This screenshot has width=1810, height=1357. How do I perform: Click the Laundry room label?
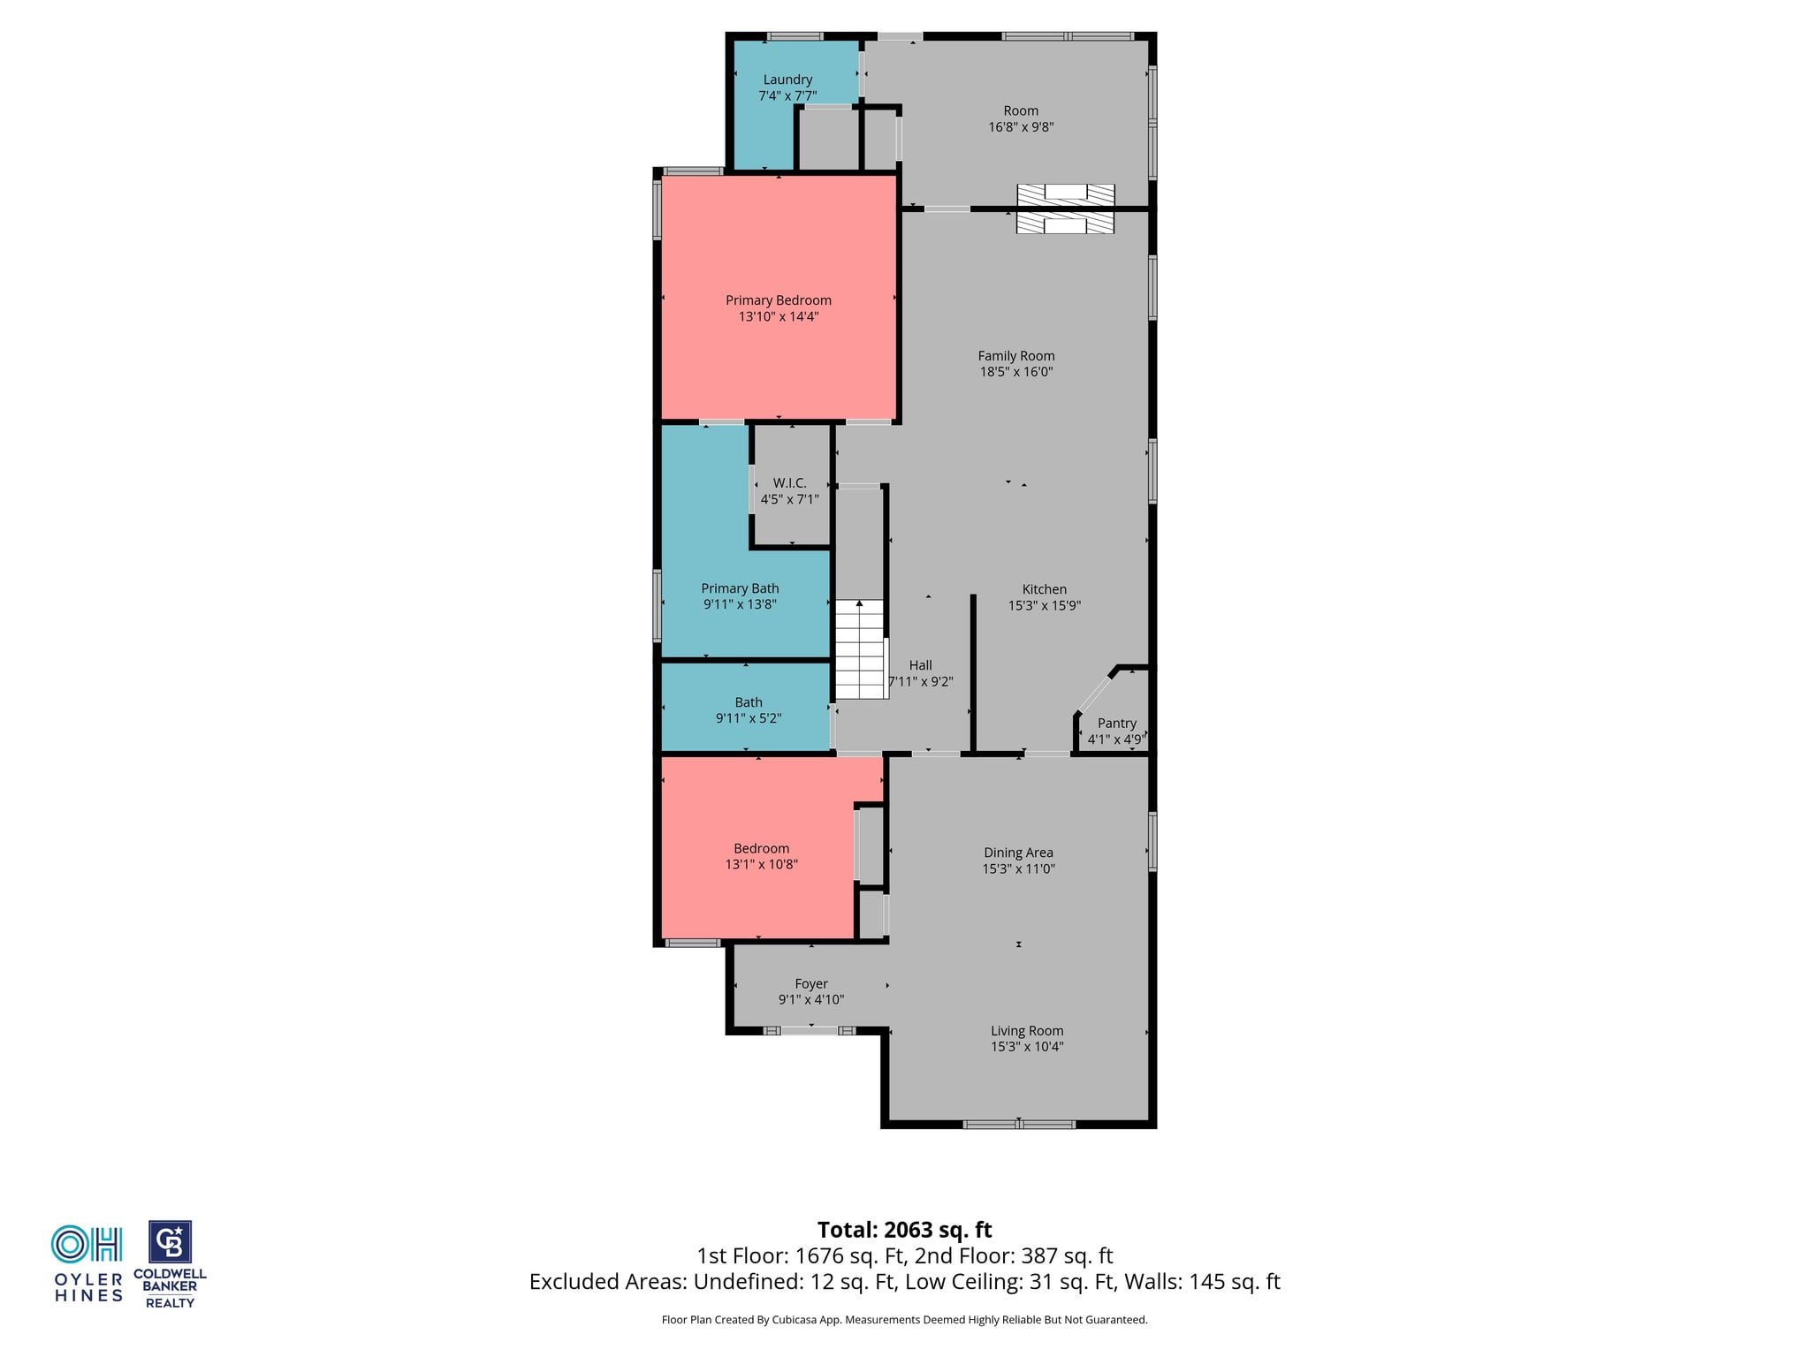pyautogui.click(x=787, y=80)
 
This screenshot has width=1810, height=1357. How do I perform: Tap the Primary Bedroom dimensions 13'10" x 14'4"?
pyautogui.click(x=779, y=316)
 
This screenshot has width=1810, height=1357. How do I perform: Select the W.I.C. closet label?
pyautogui.click(x=789, y=483)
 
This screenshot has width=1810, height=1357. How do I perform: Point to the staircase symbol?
pyautogui.click(x=860, y=649)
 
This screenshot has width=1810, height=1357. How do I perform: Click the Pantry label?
pyautogui.click(x=1116, y=723)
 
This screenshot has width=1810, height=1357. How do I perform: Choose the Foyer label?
pyautogui.click(x=811, y=983)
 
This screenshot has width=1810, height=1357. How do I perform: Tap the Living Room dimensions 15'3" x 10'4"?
pyautogui.click(x=1027, y=1047)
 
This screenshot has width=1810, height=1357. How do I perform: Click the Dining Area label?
pyautogui.click(x=1018, y=853)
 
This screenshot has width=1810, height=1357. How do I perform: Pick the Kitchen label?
pyautogui.click(x=1045, y=589)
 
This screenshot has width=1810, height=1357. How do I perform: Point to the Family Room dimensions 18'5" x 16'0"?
pyautogui.click(x=1016, y=372)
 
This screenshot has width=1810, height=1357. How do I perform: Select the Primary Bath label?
pyautogui.click(x=740, y=588)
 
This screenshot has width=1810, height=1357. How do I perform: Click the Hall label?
pyautogui.click(x=920, y=665)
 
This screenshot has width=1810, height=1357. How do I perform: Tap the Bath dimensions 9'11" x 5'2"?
pyautogui.click(x=749, y=718)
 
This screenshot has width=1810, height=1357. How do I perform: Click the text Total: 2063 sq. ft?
pyautogui.click(x=904, y=1230)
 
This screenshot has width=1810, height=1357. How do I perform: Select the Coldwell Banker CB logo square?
pyautogui.click(x=170, y=1243)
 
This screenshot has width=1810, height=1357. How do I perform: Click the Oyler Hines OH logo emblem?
pyautogui.click(x=87, y=1244)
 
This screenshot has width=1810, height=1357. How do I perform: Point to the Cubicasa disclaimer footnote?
pyautogui.click(x=904, y=1320)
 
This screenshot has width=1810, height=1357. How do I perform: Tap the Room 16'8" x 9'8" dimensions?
pyautogui.click(x=1021, y=127)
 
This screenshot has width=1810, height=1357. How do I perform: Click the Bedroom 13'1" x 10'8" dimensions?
pyautogui.click(x=762, y=865)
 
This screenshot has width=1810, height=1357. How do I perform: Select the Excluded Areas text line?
pyautogui.click(x=904, y=1282)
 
